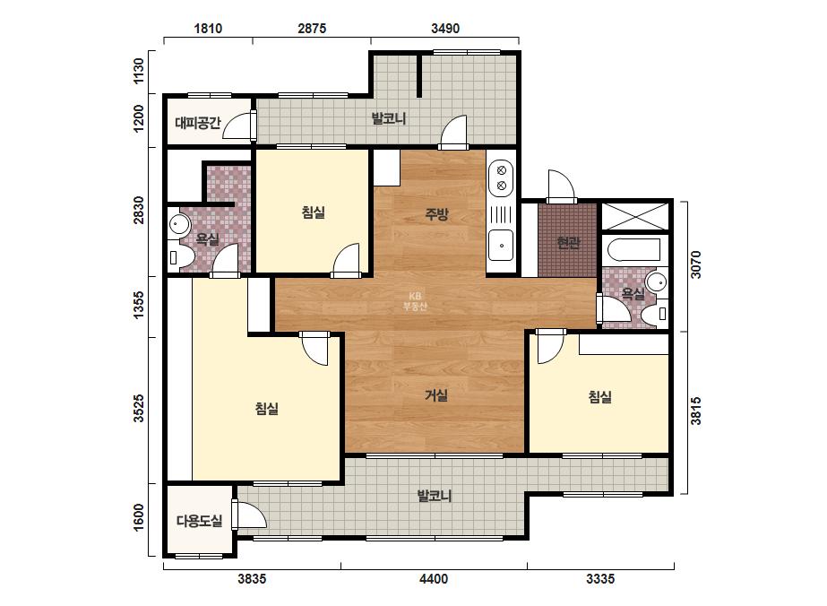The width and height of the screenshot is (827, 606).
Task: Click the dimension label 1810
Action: pyautogui.click(x=208, y=28)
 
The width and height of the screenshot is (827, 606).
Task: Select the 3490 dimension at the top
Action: pyautogui.click(x=445, y=28)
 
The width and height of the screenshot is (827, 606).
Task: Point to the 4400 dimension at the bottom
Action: pyautogui.click(x=434, y=579)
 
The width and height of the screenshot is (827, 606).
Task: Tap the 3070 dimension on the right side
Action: pyautogui.click(x=696, y=264)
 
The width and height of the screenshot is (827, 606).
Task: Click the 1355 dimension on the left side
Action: pyautogui.click(x=139, y=305)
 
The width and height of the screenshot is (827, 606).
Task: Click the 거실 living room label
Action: pyautogui.click(x=436, y=394)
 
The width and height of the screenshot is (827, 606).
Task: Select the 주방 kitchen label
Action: pyautogui.click(x=436, y=213)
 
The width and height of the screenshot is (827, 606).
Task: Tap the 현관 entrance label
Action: pyautogui.click(x=568, y=243)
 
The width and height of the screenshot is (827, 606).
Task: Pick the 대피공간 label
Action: pyautogui.click(x=198, y=124)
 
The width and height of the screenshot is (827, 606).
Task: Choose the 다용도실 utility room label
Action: pyautogui.click(x=200, y=521)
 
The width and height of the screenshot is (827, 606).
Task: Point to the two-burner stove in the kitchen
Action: pyautogui.click(x=501, y=177)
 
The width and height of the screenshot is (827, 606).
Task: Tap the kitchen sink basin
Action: pyautogui.click(x=501, y=246)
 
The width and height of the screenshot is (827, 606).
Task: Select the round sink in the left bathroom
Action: pyautogui.click(x=179, y=225)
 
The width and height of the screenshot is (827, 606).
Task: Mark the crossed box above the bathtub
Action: pyautogui.click(x=635, y=216)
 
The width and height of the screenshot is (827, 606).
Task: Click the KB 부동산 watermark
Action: pyautogui.click(x=415, y=301)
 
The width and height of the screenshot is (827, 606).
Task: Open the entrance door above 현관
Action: pyautogui.click(x=561, y=186)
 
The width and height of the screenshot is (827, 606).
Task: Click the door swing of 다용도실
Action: pyautogui.click(x=249, y=514)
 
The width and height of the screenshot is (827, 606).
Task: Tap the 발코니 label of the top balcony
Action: pyautogui.click(x=389, y=118)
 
